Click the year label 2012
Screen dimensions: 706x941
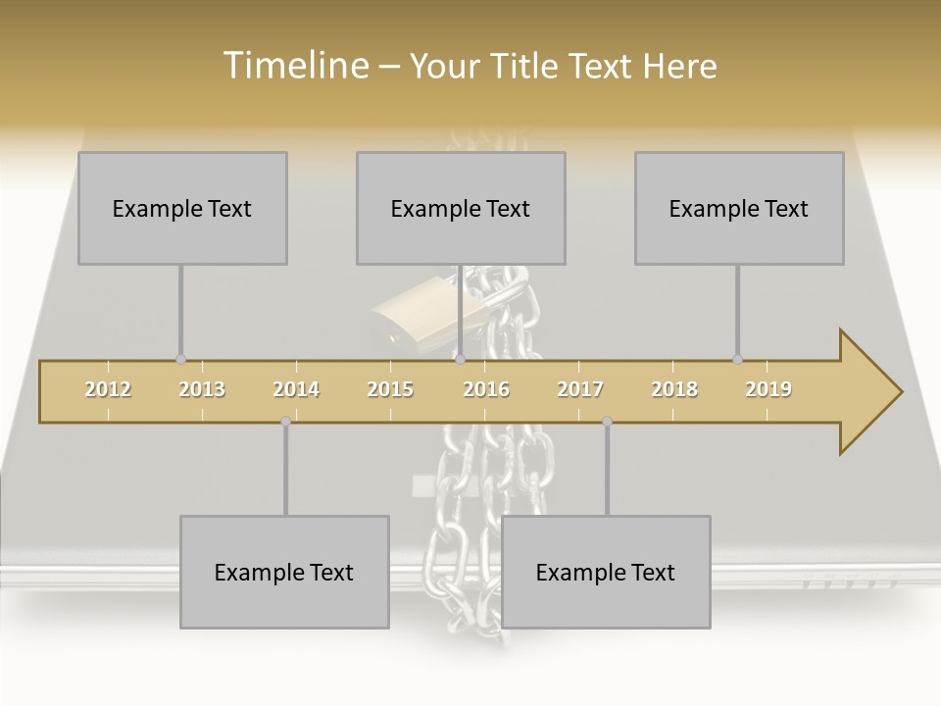pyautogui.click(x=108, y=389)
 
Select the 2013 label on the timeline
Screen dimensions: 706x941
pyautogui.click(x=202, y=389)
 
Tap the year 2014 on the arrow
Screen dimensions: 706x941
pyautogui.click(x=296, y=389)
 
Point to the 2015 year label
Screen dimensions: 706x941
pyautogui.click(x=390, y=389)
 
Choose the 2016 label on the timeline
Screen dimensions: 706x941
pyautogui.click(x=486, y=389)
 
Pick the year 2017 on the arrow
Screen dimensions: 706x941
pyautogui.click(x=580, y=389)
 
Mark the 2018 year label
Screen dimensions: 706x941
pyautogui.click(x=674, y=389)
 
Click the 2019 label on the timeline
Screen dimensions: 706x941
pyautogui.click(x=768, y=389)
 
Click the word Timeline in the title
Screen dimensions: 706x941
pyautogui.click(x=294, y=66)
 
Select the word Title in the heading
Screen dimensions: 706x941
pyautogui.click(x=527, y=66)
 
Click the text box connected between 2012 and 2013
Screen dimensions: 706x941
pyautogui.click(x=182, y=208)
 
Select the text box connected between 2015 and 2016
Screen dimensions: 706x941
pyautogui.click(x=461, y=208)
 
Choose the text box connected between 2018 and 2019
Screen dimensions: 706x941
pyautogui.click(x=739, y=208)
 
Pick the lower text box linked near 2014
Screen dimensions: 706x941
pyautogui.click(x=284, y=572)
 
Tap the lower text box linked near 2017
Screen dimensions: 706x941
pyautogui.click(x=606, y=572)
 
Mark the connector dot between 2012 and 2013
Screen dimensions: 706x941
pyautogui.click(x=180, y=360)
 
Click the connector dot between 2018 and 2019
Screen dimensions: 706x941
pyautogui.click(x=737, y=360)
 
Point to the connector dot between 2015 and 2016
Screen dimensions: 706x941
pyautogui.click(x=460, y=360)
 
